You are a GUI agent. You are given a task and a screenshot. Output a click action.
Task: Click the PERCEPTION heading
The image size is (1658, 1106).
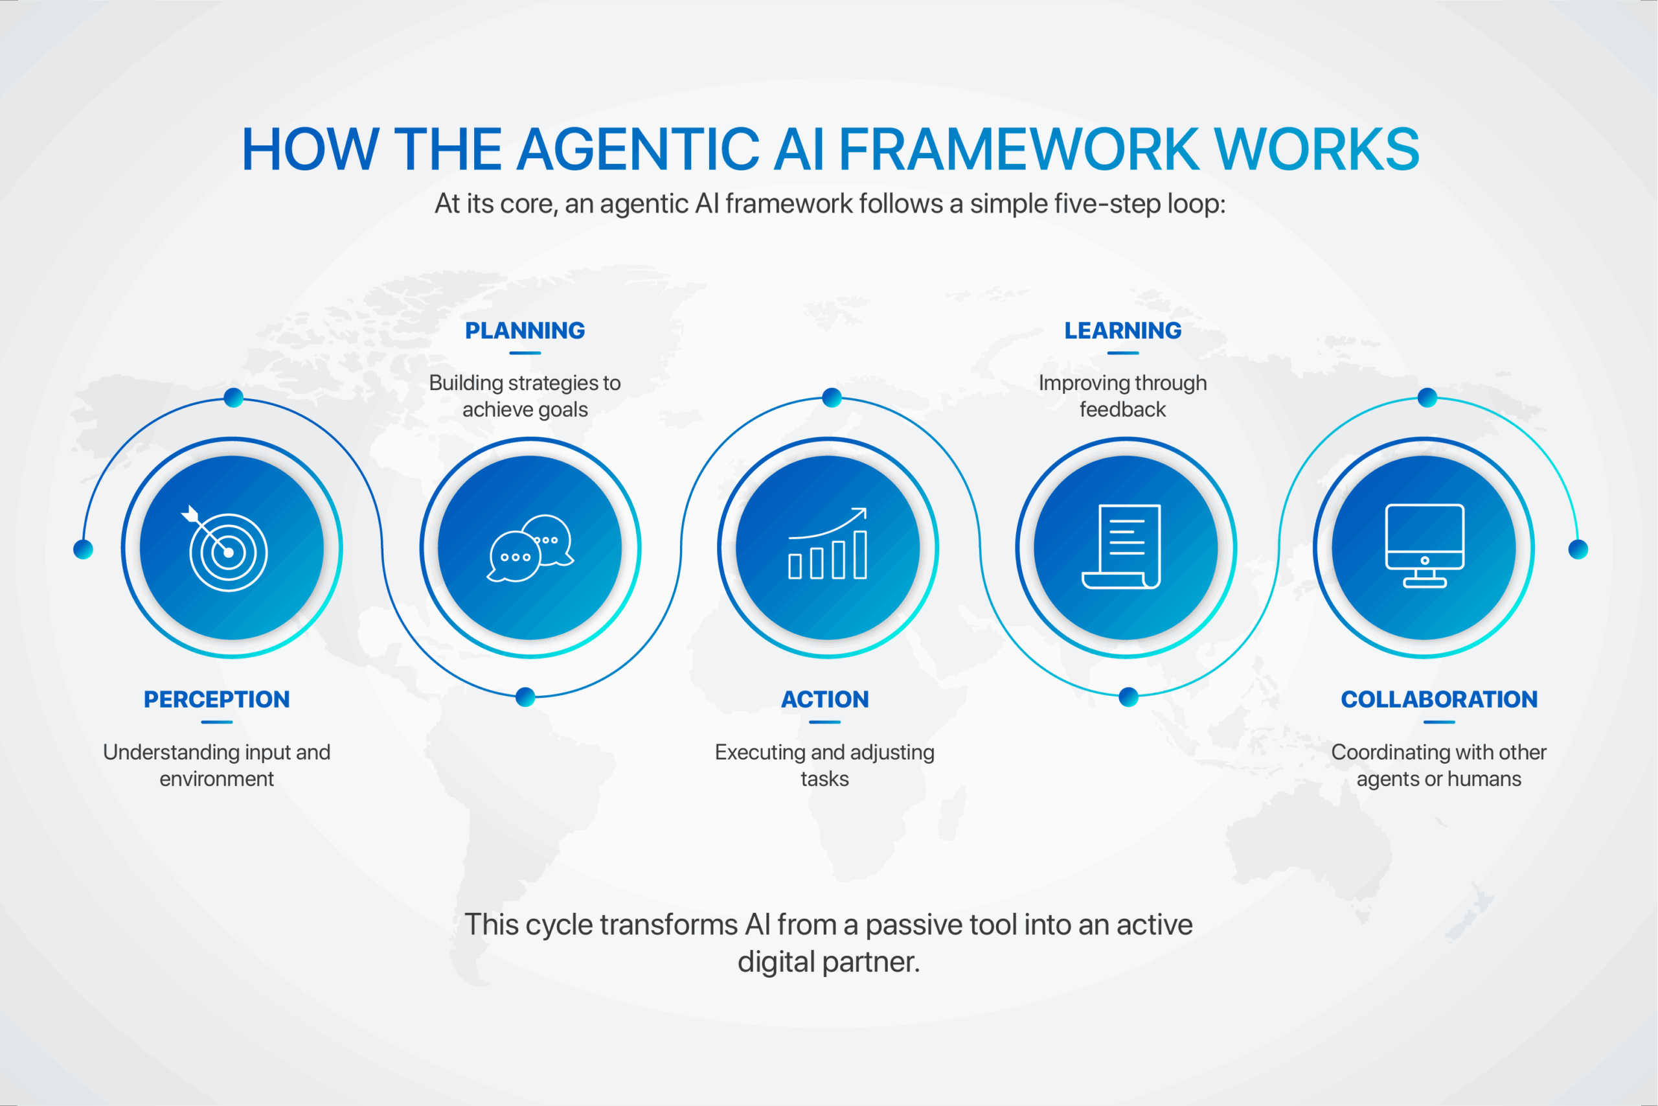(216, 699)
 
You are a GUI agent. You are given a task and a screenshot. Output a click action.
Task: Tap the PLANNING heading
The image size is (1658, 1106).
(525, 330)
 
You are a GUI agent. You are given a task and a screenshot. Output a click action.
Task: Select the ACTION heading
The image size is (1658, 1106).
(824, 699)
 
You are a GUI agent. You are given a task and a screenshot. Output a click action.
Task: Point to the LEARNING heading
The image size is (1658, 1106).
(1122, 330)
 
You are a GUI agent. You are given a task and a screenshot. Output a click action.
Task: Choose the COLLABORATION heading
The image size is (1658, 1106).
(1438, 699)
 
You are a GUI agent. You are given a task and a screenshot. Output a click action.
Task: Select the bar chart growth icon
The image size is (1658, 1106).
(828, 543)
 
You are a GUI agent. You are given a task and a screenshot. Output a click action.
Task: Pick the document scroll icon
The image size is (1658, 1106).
(1121, 547)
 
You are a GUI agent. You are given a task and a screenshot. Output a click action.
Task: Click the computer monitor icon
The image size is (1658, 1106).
(1425, 546)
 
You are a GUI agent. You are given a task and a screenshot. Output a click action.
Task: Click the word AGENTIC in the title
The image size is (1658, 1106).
(638, 149)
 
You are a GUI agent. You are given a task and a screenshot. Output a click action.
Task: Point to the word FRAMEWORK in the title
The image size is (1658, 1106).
(1018, 149)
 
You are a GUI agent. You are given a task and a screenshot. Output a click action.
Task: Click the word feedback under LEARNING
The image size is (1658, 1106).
(1122, 409)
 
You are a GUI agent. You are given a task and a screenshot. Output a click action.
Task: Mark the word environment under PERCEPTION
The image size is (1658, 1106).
(216, 779)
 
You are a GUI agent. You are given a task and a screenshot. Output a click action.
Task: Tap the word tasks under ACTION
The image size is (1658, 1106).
(824, 779)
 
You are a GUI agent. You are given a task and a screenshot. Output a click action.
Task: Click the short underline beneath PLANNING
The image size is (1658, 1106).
(525, 352)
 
